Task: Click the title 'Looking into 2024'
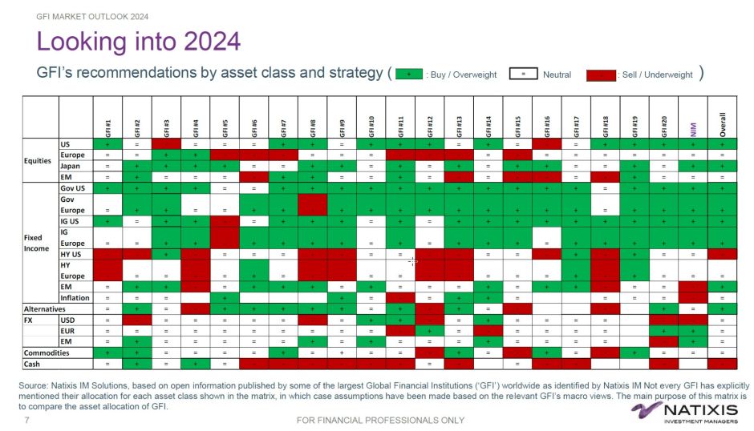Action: coord(139,42)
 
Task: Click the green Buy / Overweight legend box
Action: coord(409,75)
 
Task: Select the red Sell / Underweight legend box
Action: coord(604,75)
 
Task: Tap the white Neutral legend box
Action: coord(523,75)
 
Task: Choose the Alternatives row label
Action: coord(44,308)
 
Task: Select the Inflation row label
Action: coord(75,297)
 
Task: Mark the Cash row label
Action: coord(33,364)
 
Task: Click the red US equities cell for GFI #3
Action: coord(167,144)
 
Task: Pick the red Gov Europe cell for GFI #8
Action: coord(313,204)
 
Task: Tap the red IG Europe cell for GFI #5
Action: coord(225,237)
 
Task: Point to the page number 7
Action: coord(28,420)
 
